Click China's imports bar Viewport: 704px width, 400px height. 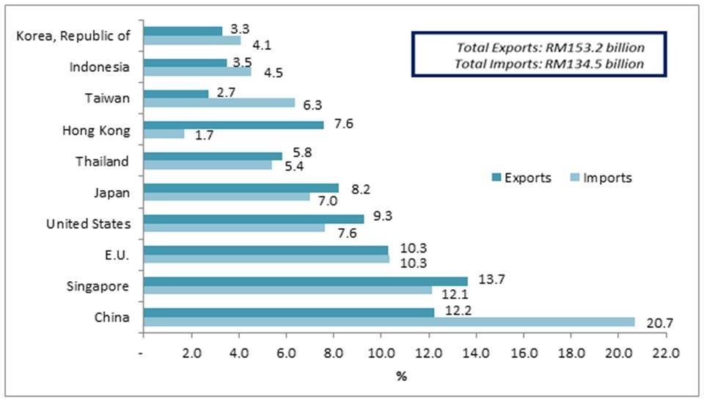click(x=389, y=321)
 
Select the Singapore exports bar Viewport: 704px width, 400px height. click(x=305, y=281)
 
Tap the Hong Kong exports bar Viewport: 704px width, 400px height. click(x=233, y=125)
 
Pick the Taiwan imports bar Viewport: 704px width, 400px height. click(x=219, y=103)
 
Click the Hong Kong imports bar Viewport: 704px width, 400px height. click(x=164, y=134)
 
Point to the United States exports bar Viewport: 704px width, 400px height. click(x=254, y=219)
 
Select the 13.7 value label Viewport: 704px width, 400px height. click(x=486, y=280)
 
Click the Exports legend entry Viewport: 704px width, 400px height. click(x=521, y=178)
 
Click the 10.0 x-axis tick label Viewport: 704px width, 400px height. click(x=380, y=352)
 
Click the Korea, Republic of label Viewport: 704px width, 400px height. click(x=73, y=36)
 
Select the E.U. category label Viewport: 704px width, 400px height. click(x=117, y=255)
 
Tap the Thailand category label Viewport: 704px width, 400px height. click(x=103, y=161)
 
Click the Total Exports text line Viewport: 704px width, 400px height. click(x=550, y=48)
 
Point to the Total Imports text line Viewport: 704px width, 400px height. click(x=550, y=64)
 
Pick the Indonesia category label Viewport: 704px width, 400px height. click(x=100, y=68)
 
